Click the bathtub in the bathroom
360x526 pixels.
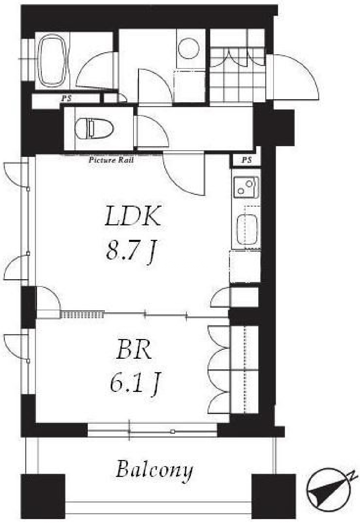53,61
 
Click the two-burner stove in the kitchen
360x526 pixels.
246,187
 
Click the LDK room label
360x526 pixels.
133,217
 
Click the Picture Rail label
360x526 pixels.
111,160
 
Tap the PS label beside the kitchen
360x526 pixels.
246,160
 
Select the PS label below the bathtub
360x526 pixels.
66,98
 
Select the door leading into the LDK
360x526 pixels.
183,175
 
